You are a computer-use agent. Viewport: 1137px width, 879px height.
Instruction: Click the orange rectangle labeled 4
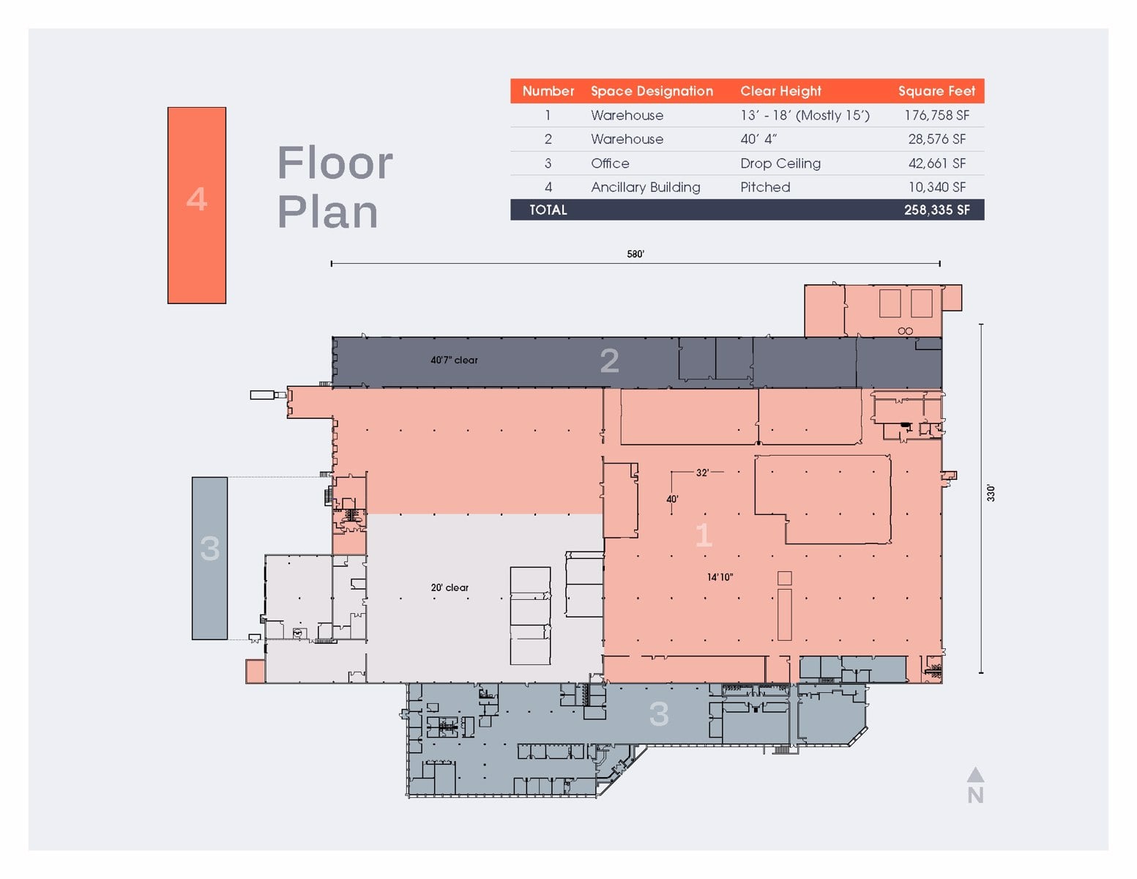click(196, 205)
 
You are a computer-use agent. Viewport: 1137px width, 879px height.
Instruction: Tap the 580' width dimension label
click(635, 254)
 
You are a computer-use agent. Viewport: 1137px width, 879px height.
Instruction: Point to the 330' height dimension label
click(991, 493)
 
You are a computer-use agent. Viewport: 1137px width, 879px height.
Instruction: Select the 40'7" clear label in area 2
click(454, 360)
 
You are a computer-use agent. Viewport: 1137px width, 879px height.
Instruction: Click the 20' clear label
click(450, 587)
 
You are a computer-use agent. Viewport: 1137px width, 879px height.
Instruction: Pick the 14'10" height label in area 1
click(720, 577)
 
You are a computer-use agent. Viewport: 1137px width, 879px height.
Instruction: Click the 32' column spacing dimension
click(702, 472)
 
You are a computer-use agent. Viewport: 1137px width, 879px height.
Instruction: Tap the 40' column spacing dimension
click(672, 500)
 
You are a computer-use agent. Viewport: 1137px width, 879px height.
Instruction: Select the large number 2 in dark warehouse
click(609, 360)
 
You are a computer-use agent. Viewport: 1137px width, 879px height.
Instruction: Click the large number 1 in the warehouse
click(704, 535)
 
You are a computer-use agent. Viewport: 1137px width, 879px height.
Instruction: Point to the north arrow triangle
click(975, 775)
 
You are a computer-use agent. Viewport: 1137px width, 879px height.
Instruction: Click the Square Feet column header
click(936, 91)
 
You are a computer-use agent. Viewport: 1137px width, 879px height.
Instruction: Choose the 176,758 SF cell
click(936, 115)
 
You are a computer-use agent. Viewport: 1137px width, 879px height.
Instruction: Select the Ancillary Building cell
click(645, 187)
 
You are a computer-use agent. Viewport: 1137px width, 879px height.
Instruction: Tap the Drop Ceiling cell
click(780, 163)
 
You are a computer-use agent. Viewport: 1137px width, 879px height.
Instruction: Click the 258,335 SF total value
click(936, 209)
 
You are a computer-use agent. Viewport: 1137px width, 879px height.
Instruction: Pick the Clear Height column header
click(780, 91)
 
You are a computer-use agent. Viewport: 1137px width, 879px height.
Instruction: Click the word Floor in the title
click(335, 163)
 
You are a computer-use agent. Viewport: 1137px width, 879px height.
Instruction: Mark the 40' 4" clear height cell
click(758, 139)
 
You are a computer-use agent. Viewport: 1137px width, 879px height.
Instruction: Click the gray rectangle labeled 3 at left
click(209, 558)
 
